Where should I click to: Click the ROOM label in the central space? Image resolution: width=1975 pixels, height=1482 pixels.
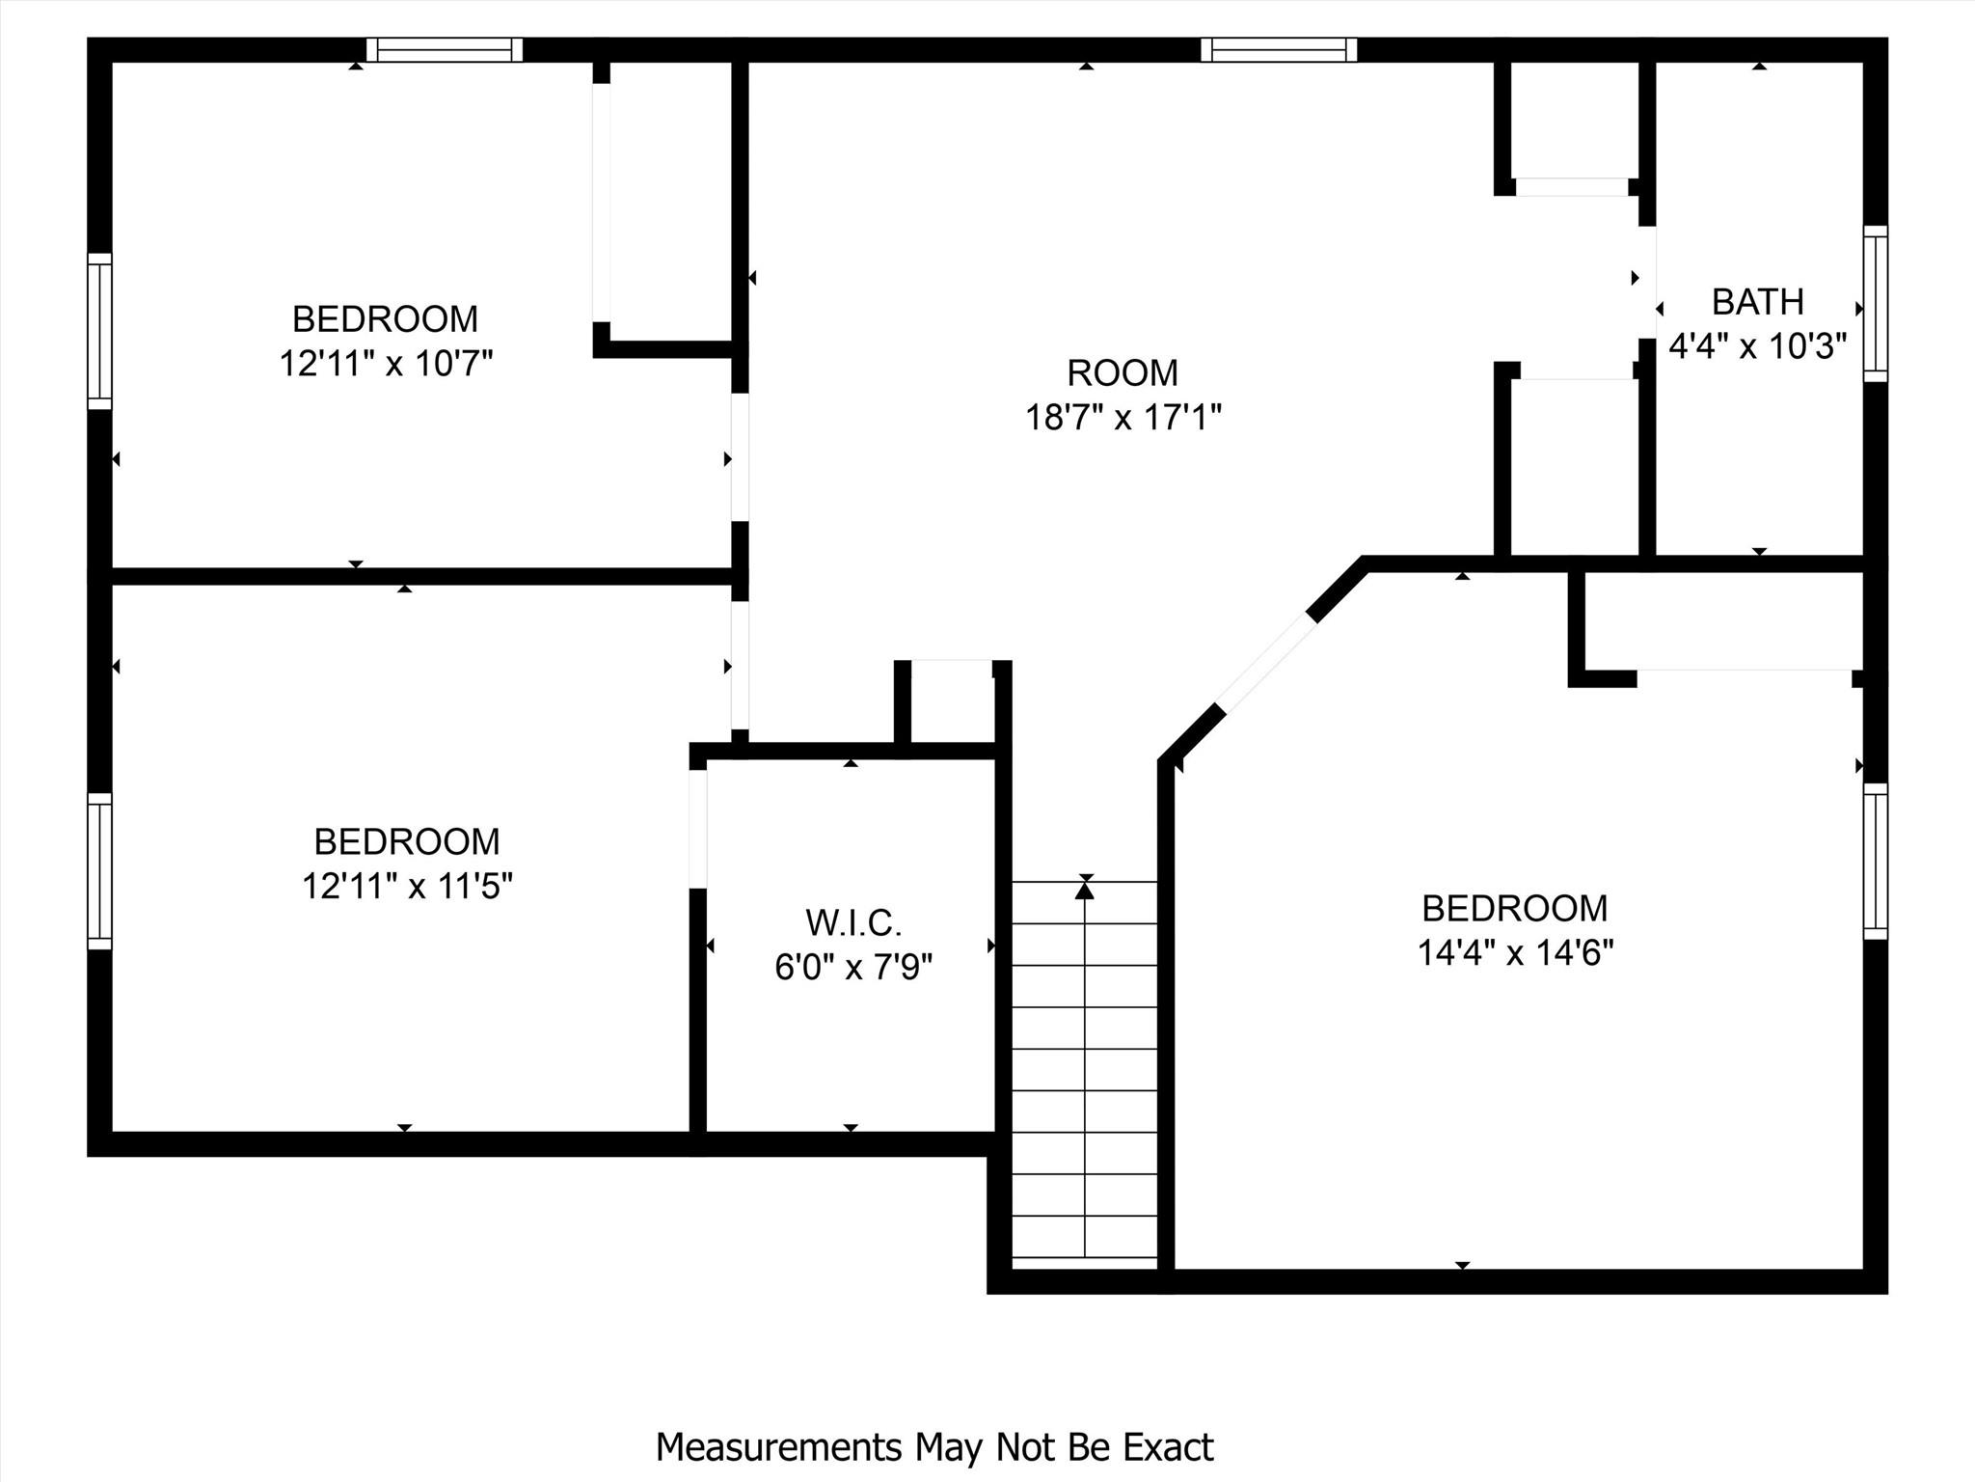[1123, 372]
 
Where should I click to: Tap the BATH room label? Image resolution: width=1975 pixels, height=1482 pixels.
[1757, 302]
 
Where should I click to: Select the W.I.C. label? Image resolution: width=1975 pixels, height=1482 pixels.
[853, 923]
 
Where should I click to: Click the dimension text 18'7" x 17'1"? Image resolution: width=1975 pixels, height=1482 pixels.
[1123, 418]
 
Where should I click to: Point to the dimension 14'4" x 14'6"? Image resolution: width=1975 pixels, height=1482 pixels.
[1515, 953]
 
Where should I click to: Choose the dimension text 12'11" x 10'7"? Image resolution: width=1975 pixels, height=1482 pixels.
[386, 365]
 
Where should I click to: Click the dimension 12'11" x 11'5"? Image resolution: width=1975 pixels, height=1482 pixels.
[407, 886]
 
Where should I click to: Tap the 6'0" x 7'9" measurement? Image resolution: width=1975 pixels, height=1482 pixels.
[853, 967]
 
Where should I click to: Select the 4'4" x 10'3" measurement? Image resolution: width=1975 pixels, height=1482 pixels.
[1757, 345]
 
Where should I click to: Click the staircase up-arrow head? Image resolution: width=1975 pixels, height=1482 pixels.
[1085, 891]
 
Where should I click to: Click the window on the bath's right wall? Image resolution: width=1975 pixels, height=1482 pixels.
[1875, 303]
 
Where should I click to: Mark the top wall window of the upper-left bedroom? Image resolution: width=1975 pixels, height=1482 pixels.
[445, 49]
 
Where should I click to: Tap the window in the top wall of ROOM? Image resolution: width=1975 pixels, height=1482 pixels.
[1279, 49]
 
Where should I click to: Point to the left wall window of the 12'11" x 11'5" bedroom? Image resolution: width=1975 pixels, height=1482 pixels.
[99, 870]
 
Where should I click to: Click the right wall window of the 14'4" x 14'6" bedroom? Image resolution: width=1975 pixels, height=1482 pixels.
[1875, 861]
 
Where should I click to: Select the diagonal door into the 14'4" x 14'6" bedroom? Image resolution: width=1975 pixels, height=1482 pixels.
[1266, 663]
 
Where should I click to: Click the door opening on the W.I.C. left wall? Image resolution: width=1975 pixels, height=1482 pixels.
[698, 829]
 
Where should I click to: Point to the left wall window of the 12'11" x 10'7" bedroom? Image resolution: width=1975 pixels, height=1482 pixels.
[99, 331]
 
